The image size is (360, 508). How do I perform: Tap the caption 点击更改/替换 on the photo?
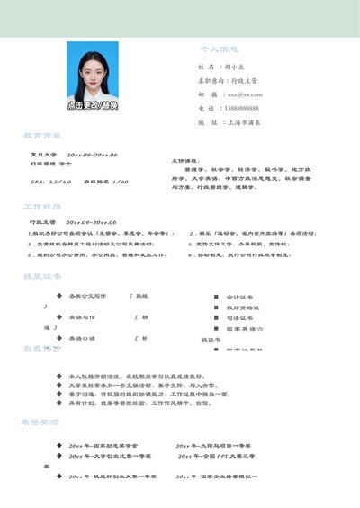(92, 104)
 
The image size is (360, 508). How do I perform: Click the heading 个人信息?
(219, 49)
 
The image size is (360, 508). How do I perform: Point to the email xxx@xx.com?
(244, 94)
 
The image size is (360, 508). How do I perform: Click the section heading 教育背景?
(42, 136)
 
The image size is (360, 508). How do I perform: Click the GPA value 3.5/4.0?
(57, 182)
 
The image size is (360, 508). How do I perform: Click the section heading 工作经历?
(42, 206)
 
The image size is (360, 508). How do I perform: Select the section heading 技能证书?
(42, 276)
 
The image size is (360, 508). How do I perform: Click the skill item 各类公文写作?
(87, 295)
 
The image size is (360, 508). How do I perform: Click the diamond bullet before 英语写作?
(58, 317)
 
